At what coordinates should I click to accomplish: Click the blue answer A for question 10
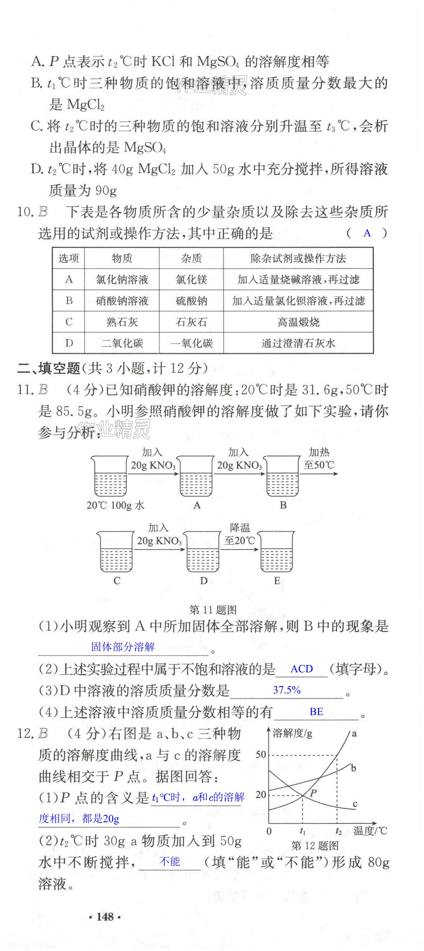tap(367, 233)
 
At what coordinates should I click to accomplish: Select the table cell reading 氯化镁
tap(191, 280)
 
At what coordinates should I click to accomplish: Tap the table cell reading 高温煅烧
tap(298, 322)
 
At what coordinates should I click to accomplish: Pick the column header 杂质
tap(191, 258)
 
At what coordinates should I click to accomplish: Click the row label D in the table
tap(69, 343)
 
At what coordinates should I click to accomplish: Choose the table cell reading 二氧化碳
tap(122, 343)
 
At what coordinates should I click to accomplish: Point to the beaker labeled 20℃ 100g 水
tap(110, 476)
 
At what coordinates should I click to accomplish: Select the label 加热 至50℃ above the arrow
tap(319, 458)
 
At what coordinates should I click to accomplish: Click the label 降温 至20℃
tap(240, 534)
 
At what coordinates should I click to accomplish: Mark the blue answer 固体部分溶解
tap(123, 646)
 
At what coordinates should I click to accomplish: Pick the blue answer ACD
tap(302, 669)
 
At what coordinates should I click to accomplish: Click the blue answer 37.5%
tap(287, 690)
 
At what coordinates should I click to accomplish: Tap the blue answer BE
tap(316, 711)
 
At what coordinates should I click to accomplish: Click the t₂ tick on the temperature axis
tap(338, 831)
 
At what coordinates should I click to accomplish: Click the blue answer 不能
tap(170, 862)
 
